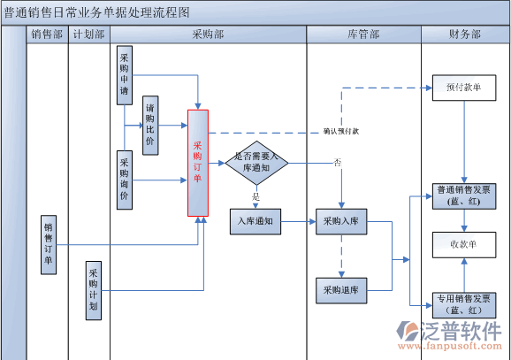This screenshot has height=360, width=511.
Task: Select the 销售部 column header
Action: click(48, 34)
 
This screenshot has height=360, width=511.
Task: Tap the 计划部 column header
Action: click(89, 34)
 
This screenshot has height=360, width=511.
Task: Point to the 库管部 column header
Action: click(363, 34)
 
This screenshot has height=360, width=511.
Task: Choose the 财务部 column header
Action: click(465, 34)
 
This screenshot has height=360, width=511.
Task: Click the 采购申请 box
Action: click(125, 77)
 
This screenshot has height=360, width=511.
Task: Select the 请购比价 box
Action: click(150, 126)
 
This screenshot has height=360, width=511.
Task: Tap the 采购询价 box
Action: click(125, 180)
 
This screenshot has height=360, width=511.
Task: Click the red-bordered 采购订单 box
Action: click(198, 164)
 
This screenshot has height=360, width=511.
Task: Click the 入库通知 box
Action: click(255, 221)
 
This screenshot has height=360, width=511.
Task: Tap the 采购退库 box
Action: click(342, 289)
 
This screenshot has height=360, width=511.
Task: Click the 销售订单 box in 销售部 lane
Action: click(49, 243)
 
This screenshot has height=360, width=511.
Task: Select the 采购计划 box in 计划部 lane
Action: click(95, 290)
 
